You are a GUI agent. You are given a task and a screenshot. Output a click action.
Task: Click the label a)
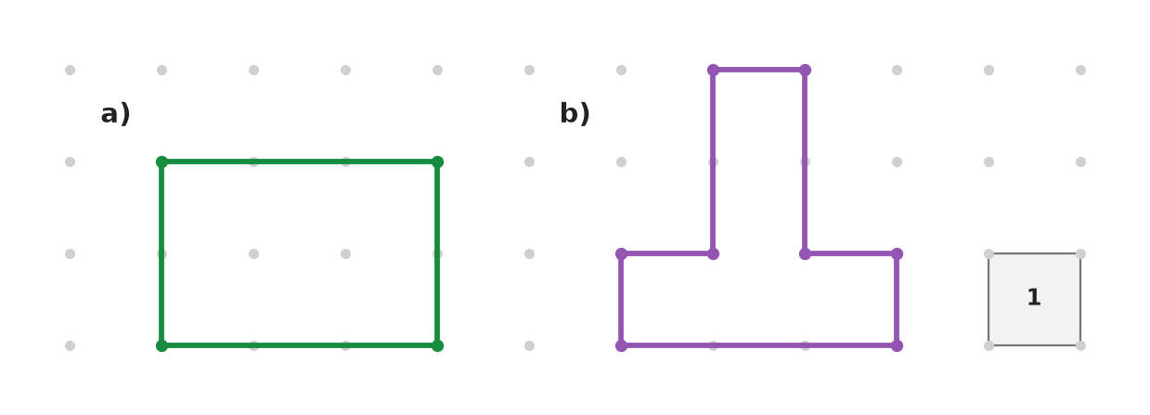115,113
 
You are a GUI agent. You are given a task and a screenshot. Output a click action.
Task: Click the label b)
575,113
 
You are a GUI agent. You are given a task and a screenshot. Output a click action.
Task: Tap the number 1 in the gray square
1034,297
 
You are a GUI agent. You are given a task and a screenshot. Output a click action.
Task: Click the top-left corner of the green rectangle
162,162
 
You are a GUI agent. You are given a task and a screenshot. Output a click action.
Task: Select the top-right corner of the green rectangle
437,162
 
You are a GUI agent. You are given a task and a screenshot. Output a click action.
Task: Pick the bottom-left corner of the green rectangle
162,345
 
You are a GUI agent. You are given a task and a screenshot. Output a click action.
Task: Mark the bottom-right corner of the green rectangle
437,345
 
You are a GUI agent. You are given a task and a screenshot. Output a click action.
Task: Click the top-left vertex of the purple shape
713,70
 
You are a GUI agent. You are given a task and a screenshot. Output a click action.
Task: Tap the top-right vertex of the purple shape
805,70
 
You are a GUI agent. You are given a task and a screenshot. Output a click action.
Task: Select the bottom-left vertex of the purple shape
621,345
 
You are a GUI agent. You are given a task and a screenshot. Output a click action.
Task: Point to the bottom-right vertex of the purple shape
897,345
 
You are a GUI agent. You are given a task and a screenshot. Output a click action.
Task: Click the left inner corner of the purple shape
713,253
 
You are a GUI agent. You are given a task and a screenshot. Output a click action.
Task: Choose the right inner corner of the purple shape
805,253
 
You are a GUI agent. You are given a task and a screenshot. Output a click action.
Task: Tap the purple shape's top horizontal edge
759,70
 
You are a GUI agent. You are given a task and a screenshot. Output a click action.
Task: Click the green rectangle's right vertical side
437,253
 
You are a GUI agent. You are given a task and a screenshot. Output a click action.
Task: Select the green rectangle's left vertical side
162,253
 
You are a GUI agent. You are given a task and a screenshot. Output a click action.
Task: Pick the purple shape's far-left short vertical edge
621,300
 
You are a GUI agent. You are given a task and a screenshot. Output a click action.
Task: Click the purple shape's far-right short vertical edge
897,300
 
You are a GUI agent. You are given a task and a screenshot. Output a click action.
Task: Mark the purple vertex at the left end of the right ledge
805,253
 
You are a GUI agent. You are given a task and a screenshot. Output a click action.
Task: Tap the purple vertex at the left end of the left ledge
621,253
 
